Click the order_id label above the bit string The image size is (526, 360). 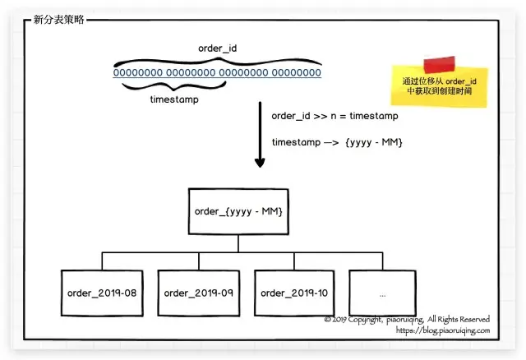coord(218,48)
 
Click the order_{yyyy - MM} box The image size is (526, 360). coord(238,211)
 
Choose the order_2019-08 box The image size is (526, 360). coord(102,293)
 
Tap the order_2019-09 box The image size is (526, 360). coord(198,293)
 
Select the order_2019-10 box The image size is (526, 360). coord(293,293)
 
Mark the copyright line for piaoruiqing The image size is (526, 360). coord(407,319)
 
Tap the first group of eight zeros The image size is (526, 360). coord(139,73)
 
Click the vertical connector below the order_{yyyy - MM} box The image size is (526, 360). coord(238,244)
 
